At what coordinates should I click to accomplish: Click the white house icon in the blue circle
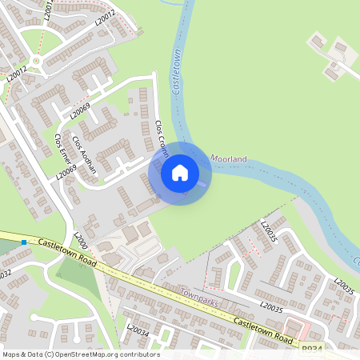click(x=180, y=172)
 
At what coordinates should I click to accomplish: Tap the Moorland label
click(x=229, y=159)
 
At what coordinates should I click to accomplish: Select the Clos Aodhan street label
click(x=84, y=154)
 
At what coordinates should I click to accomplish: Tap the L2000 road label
click(x=81, y=239)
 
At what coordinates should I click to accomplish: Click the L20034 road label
click(x=138, y=330)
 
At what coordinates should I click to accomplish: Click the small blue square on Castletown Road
click(x=26, y=242)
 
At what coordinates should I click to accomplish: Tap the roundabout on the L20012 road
click(x=35, y=60)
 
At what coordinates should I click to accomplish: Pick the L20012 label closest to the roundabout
click(x=18, y=73)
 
